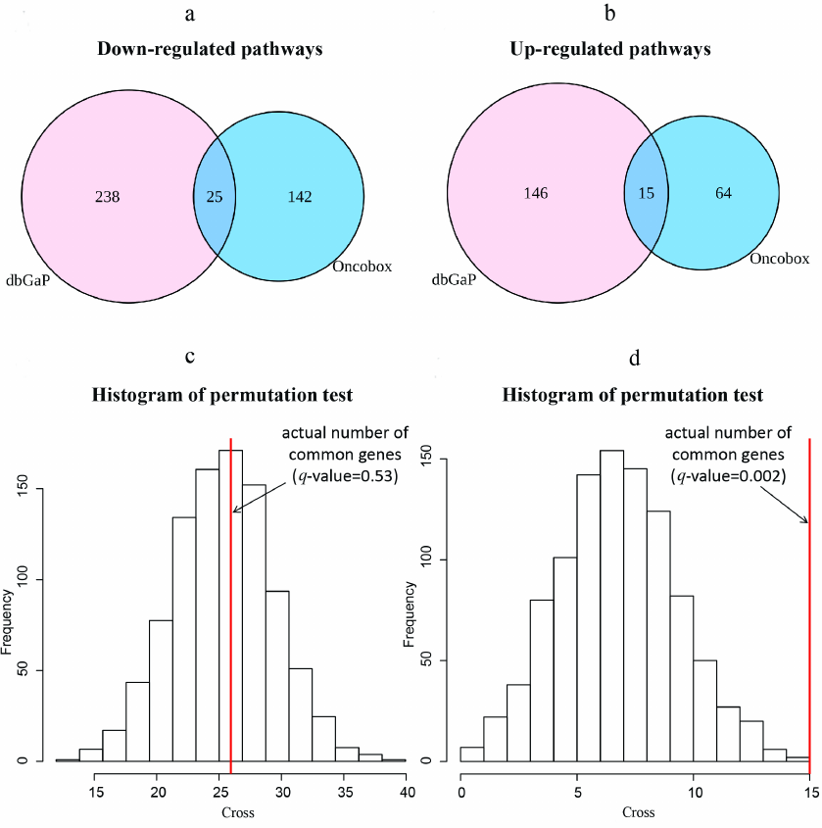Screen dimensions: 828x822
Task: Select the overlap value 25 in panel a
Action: click(x=213, y=197)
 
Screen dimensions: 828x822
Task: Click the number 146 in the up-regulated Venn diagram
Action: click(x=535, y=192)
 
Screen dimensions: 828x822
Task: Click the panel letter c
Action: click(x=204, y=357)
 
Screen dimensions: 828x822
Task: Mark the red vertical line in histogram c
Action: click(x=230, y=608)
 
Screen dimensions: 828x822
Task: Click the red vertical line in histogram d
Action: click(x=810, y=608)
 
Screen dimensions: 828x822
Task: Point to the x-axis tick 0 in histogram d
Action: click(x=460, y=790)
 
